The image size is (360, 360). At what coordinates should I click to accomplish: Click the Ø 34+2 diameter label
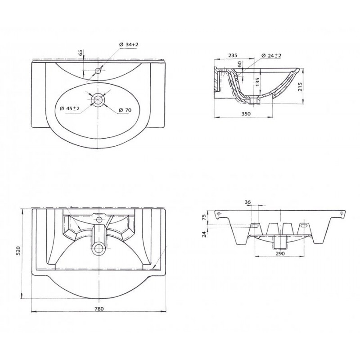click(x=129, y=45)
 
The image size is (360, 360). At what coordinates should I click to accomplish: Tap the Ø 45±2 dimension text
click(x=70, y=108)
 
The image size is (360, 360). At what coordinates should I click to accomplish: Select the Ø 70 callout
click(x=125, y=110)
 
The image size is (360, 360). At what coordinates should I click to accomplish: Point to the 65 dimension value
click(x=81, y=53)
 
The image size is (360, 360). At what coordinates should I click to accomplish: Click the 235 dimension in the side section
click(x=233, y=55)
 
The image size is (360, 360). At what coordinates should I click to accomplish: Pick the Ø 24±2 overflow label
click(x=272, y=55)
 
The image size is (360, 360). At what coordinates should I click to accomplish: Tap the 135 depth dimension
click(x=257, y=81)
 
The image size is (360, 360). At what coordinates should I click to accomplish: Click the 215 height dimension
click(x=300, y=86)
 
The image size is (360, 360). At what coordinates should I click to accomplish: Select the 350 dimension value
click(x=246, y=113)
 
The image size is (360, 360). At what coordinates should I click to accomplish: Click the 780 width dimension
click(x=99, y=309)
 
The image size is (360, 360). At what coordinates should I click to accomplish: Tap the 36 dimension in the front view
click(x=247, y=202)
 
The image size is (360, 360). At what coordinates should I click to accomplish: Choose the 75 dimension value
click(x=204, y=217)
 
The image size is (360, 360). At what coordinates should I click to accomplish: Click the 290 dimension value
click(x=280, y=253)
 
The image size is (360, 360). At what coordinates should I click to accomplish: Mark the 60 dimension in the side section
click(x=239, y=64)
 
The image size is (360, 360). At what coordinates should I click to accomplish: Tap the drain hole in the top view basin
click(x=99, y=99)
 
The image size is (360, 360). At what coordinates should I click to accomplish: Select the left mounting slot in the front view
click(x=255, y=226)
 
